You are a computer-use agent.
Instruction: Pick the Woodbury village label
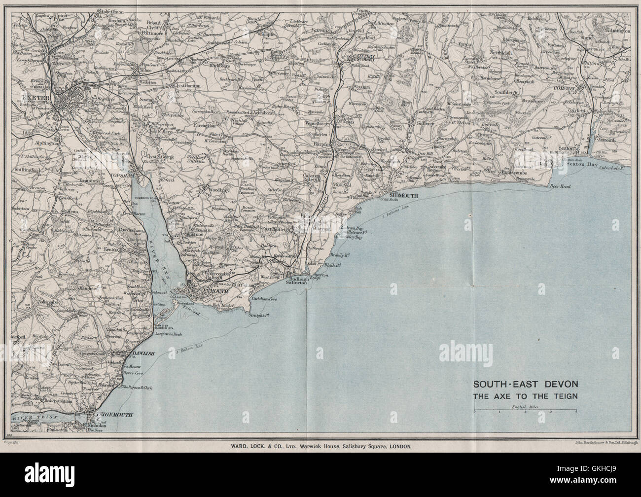tap(216, 189)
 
